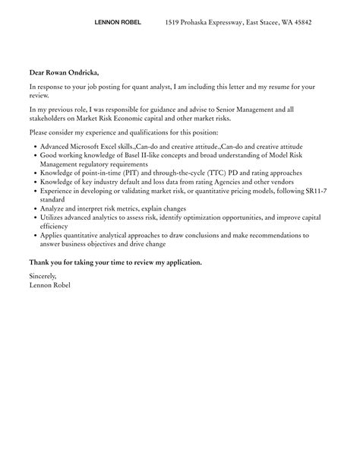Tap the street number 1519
pyautogui.click(x=174, y=23)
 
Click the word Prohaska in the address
pyautogui.click(x=204, y=23)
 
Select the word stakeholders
pyautogui.click(x=51, y=119)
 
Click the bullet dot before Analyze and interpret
pyautogui.click(x=33, y=209)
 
